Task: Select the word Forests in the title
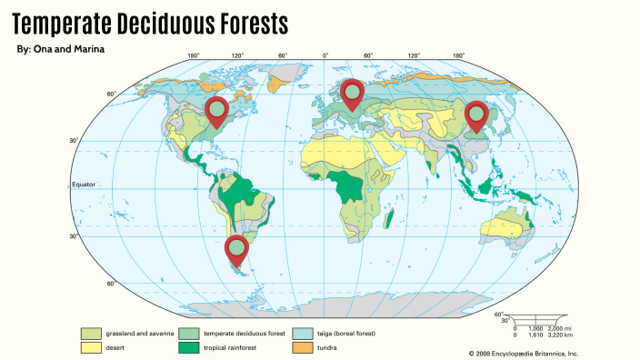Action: point(257,22)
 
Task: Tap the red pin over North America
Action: point(216,110)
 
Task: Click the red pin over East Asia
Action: point(475,115)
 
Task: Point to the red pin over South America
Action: point(236,248)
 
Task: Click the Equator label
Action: point(84,185)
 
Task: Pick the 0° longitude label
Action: point(325,56)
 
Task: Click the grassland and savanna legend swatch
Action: point(90,334)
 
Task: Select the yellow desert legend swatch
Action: point(90,347)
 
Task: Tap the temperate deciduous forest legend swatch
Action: point(189,334)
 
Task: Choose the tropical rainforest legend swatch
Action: point(189,347)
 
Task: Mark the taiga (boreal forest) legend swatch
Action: point(301,334)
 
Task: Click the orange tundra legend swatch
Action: point(301,347)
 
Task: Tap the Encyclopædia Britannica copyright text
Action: point(523,354)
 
